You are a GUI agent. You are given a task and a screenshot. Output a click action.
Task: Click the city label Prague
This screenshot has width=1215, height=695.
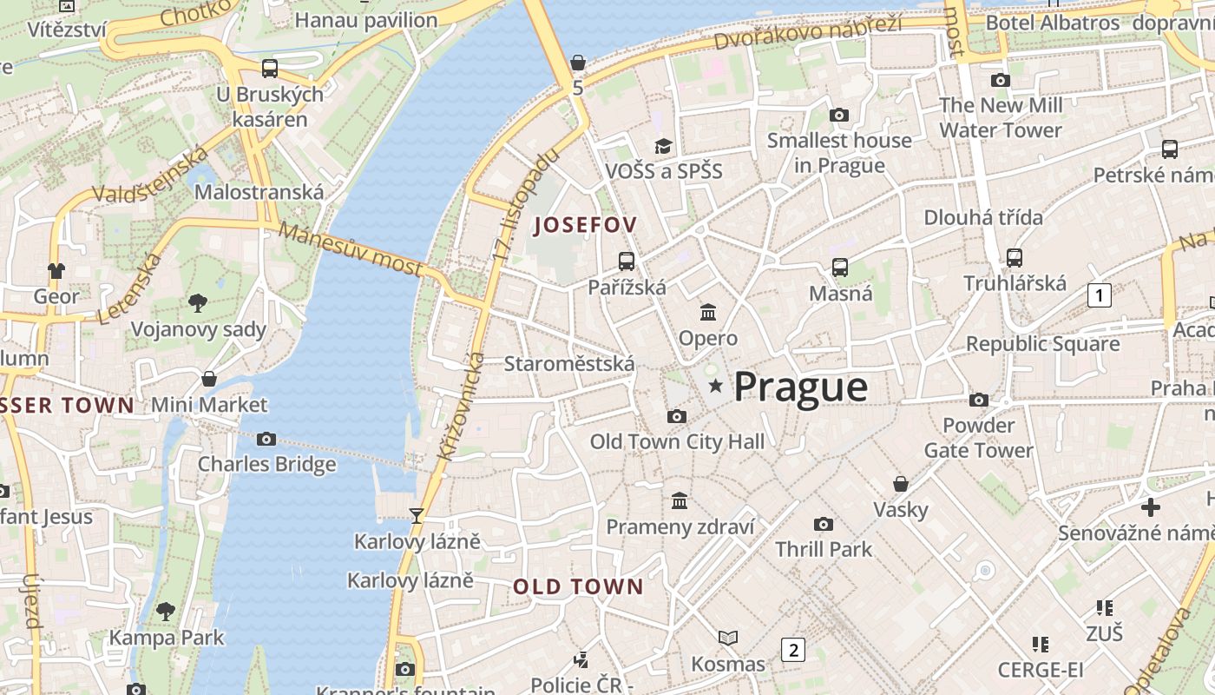click(x=800, y=387)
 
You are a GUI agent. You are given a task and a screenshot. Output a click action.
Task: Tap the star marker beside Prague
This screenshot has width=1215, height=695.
click(x=716, y=385)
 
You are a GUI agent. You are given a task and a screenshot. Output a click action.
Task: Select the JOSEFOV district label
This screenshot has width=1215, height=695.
click(x=586, y=225)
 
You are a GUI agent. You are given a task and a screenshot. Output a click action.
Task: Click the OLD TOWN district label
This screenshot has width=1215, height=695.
click(x=578, y=586)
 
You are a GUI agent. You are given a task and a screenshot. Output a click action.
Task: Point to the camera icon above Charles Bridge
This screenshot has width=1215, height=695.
click(x=266, y=439)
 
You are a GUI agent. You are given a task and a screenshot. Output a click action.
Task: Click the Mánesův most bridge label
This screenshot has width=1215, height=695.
click(x=351, y=248)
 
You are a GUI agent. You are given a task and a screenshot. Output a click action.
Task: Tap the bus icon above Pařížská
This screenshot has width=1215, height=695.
click(x=626, y=261)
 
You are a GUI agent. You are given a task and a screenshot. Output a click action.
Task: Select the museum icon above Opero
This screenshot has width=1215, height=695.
click(x=708, y=312)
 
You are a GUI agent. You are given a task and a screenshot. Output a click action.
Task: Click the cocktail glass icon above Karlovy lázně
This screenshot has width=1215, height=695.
click(x=417, y=516)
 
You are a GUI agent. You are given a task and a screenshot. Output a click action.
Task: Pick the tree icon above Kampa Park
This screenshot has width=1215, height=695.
click(x=165, y=611)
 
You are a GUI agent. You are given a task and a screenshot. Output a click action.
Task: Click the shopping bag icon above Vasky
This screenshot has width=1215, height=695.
click(x=901, y=483)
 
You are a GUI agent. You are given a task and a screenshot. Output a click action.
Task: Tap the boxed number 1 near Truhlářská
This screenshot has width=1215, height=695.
click(x=1100, y=295)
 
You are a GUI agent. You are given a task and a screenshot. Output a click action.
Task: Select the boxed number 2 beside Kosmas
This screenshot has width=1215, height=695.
click(x=792, y=649)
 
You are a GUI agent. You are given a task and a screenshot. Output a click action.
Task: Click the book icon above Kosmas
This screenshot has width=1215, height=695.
click(x=727, y=639)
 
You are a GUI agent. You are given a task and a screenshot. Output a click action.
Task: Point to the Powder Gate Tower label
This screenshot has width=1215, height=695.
click(x=978, y=437)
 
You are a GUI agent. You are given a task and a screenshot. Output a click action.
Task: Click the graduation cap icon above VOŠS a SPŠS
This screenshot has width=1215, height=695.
click(x=663, y=146)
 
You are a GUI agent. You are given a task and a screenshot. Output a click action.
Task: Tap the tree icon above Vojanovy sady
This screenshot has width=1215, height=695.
click(x=198, y=302)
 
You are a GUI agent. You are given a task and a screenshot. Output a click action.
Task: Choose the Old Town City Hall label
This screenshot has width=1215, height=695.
click(x=677, y=441)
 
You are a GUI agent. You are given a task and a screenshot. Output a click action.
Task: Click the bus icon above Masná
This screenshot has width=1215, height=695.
click(x=839, y=267)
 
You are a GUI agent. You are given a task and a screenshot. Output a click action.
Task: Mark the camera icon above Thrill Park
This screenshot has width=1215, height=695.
click(x=823, y=524)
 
